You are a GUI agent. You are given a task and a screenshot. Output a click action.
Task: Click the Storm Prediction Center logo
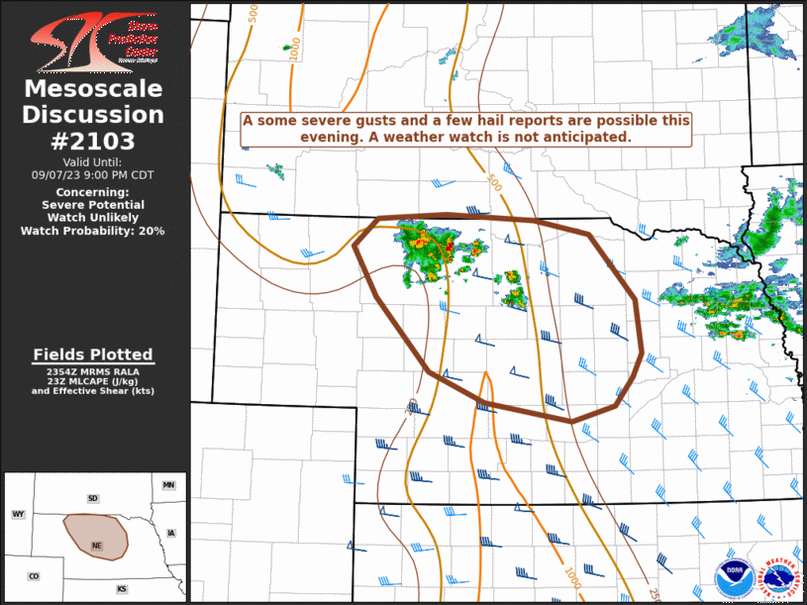[x=94, y=40]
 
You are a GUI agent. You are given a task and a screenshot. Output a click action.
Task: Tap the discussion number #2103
[x=93, y=141]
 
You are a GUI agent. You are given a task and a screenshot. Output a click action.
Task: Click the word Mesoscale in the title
[x=93, y=90]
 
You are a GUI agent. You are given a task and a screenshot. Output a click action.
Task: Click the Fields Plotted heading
[x=93, y=354]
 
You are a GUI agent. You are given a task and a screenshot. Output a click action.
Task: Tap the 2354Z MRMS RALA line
[x=93, y=370]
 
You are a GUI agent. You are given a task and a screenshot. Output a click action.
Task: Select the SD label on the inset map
[x=93, y=498]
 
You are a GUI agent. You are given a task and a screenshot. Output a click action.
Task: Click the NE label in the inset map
[x=96, y=546]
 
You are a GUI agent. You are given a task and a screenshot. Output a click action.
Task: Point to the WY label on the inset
[x=18, y=514]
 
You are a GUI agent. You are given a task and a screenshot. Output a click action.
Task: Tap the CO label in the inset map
[x=34, y=575]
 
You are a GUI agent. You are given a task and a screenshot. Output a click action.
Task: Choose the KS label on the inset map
[x=122, y=589]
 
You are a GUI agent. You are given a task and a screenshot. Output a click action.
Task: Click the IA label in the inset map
[x=171, y=533]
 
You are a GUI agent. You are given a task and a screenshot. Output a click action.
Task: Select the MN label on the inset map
[x=168, y=485]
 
